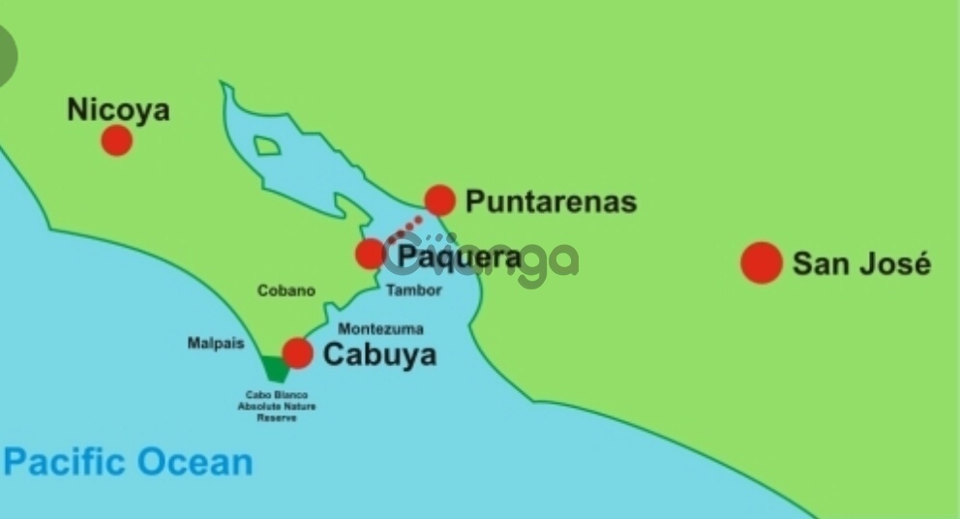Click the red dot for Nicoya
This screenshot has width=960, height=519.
click(116, 140)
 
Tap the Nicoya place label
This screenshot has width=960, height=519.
click(118, 109)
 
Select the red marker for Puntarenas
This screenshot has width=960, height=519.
click(439, 200)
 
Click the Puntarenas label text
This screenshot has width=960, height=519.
click(551, 201)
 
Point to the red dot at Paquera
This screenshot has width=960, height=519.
click(370, 255)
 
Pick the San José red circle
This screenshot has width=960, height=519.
click(762, 262)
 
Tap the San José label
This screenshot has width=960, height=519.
click(861, 263)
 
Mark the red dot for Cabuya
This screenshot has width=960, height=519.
click(297, 353)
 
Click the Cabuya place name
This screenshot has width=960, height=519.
click(379, 354)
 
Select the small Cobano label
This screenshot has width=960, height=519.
click(286, 290)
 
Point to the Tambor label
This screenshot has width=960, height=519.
click(413, 290)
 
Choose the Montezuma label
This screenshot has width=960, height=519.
click(380, 329)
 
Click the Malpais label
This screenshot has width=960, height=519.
click(216, 344)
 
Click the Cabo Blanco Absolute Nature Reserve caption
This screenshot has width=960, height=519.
click(277, 406)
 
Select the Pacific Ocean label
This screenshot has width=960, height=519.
click(128, 462)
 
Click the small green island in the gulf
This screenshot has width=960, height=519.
click(267, 146)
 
